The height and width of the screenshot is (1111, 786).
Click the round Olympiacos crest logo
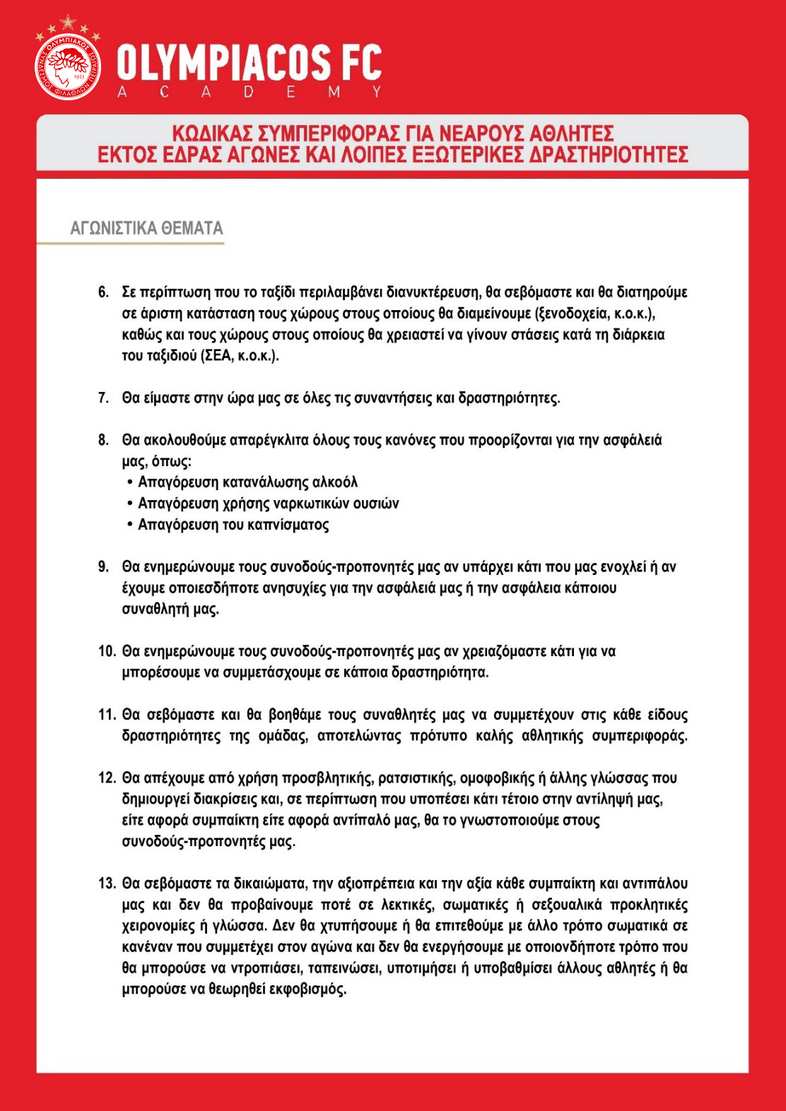coord(68,66)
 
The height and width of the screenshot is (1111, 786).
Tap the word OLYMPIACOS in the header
coord(223,62)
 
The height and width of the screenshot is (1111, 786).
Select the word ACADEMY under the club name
coord(249,92)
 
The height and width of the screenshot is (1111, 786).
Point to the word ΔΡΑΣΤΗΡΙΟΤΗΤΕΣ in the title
coord(609,155)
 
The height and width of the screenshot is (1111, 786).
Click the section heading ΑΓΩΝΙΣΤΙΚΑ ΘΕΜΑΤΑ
coord(146,228)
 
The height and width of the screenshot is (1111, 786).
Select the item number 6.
coord(103,292)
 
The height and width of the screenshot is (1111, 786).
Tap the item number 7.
coord(103,398)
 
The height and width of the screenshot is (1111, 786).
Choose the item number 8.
coord(103,441)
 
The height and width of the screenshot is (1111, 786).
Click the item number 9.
coord(103,567)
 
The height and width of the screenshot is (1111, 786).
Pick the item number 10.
coord(107,651)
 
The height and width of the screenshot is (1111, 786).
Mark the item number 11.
coord(107,715)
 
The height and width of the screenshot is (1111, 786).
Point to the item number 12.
coord(107,778)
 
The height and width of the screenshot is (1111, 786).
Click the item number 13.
coord(107,884)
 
